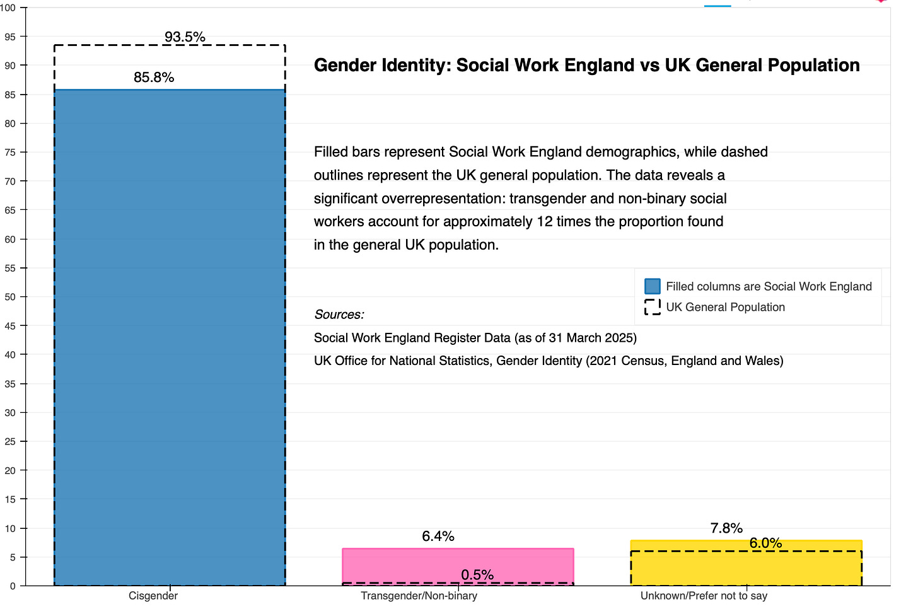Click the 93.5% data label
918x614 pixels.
[185, 37]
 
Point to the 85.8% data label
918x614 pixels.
[154, 78]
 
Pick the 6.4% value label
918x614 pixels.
[438, 536]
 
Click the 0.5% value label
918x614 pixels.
[477, 575]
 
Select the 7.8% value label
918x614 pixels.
[726, 528]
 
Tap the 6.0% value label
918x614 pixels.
[765, 543]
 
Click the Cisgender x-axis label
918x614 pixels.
[153, 596]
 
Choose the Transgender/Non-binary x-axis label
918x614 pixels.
[419, 596]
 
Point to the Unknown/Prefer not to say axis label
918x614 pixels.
[704, 596]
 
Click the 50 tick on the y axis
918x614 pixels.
[10, 297]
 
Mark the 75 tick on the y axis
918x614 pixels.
[10, 153]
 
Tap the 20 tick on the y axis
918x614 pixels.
[10, 470]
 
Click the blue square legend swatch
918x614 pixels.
[653, 286]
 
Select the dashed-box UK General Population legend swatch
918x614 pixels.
[653, 307]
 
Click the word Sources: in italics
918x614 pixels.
[339, 315]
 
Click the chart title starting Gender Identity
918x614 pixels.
[586, 66]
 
